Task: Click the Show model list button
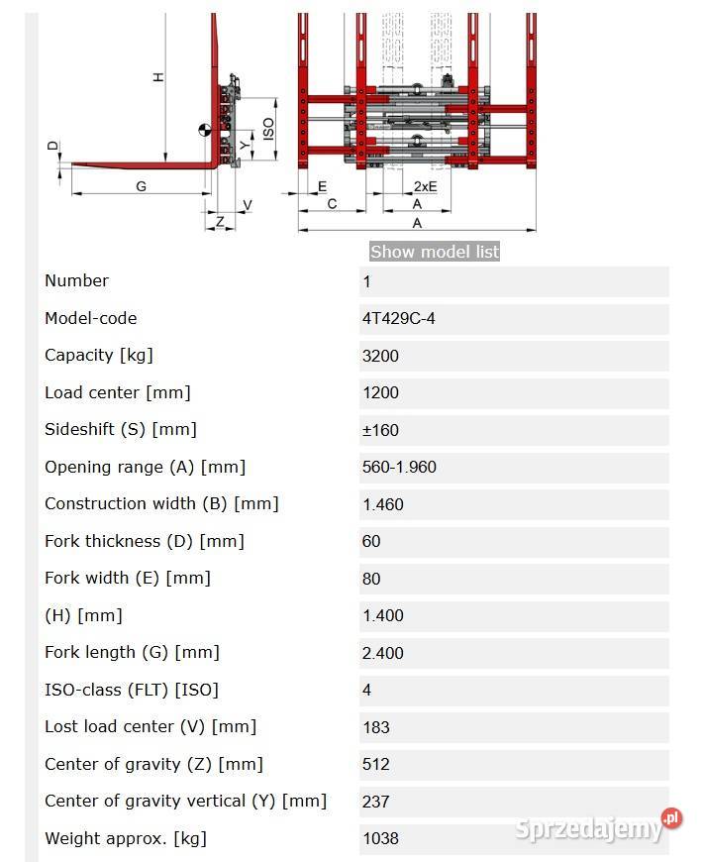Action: coord(435,252)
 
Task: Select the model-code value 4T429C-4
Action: coord(398,319)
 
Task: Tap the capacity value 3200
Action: coord(380,356)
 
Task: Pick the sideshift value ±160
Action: coord(380,430)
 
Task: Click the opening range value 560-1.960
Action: coord(399,468)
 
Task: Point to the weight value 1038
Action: coord(380,838)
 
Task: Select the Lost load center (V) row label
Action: coord(150,727)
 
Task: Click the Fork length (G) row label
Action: coord(132,653)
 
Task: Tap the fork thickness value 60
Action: coord(370,542)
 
